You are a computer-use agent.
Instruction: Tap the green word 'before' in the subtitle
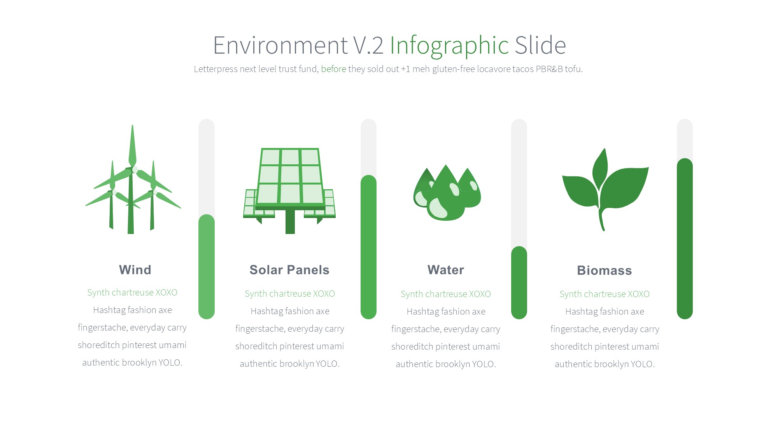pos(333,69)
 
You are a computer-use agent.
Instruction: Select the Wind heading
pos(135,270)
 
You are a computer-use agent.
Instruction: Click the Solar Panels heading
pos(289,270)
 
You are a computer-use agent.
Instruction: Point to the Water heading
pos(446,270)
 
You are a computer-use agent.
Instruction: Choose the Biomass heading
pos(605,270)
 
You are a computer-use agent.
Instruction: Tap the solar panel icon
pos(289,191)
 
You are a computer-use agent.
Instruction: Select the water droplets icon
pos(447,192)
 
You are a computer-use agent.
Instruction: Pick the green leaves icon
pos(605,190)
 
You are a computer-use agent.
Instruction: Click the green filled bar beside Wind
pos(207,267)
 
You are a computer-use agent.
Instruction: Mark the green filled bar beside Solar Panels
pos(368,247)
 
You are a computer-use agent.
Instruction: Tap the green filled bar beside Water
pos(519,283)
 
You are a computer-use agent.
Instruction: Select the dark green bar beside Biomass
pos(685,239)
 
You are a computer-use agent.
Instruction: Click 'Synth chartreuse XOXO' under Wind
pos(132,292)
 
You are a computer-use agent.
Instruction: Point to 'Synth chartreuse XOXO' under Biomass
pos(605,294)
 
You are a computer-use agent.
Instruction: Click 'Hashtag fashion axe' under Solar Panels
pos(290,311)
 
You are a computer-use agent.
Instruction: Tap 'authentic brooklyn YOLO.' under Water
pos(446,364)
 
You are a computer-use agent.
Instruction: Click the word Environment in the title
pos(280,45)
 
